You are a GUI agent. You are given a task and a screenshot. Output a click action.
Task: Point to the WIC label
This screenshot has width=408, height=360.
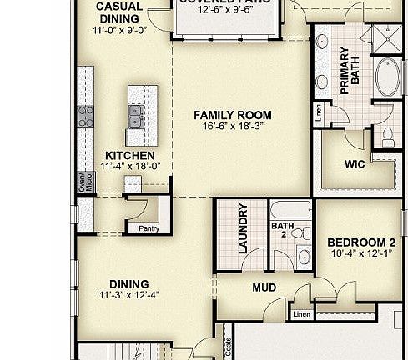(355, 164)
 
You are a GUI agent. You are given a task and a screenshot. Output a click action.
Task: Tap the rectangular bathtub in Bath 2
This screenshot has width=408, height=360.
(290, 209)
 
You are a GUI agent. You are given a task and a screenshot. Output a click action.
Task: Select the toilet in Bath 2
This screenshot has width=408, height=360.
(305, 233)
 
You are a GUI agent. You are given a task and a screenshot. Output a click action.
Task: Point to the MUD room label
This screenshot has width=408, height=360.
(264, 288)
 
